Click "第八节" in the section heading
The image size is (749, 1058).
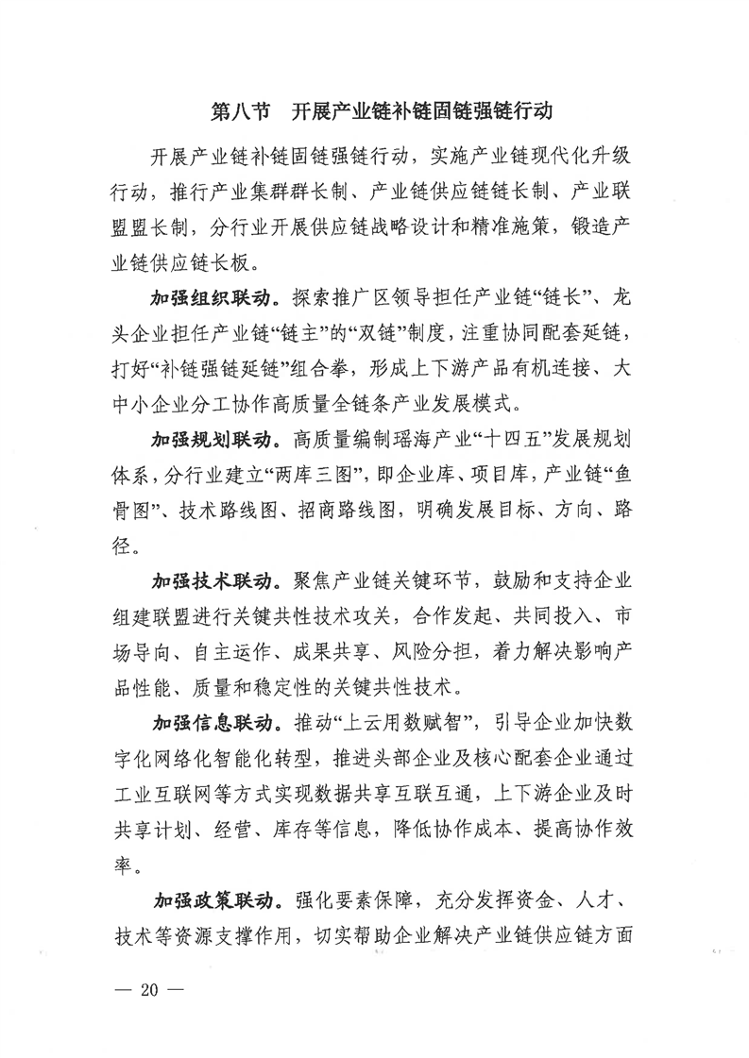235,111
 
